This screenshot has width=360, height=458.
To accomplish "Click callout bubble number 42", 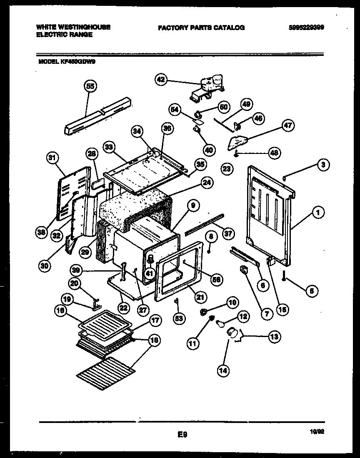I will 161,79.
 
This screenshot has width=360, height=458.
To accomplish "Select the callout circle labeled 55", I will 90,86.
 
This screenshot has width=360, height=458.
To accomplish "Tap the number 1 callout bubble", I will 318,213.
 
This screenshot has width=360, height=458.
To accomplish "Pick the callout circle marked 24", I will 205,182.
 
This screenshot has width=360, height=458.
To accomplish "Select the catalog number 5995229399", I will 306,28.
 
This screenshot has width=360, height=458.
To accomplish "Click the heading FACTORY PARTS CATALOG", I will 201,28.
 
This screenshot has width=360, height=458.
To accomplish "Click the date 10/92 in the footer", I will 317,433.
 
